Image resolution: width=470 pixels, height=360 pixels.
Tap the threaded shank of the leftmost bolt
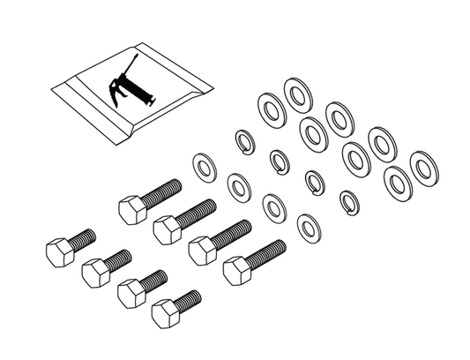[81, 237]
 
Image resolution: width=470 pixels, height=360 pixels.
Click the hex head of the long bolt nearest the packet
[130, 209]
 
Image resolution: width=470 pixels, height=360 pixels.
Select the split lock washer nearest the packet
[243, 139]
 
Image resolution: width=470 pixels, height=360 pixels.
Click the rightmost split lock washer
[349, 201]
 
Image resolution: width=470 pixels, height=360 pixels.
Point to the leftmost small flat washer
[204, 165]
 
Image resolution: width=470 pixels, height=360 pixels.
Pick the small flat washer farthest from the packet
[310, 228]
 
